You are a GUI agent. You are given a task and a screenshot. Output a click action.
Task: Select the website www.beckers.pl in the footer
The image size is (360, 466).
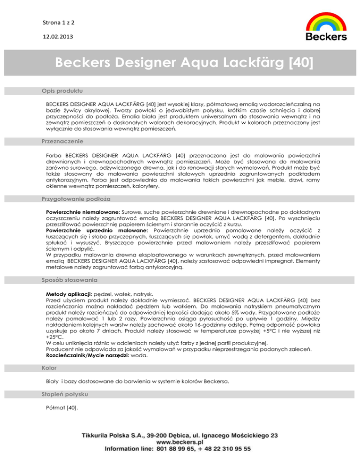[180, 442]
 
